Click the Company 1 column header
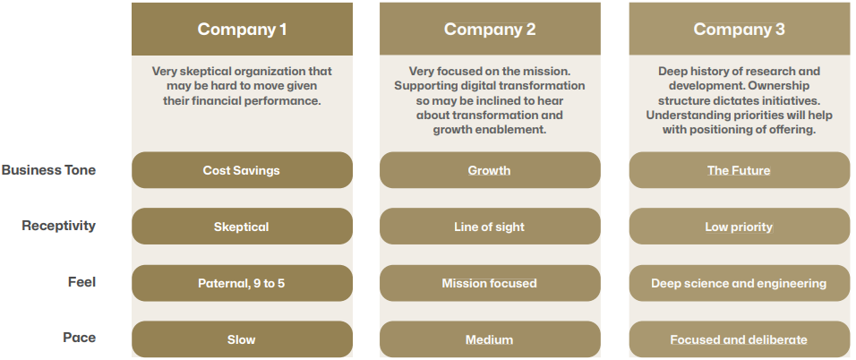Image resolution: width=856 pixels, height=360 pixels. (242, 29)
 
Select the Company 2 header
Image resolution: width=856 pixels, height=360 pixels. (490, 29)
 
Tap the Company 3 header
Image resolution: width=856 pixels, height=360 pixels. (740, 29)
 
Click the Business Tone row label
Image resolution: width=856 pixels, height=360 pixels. (48, 170)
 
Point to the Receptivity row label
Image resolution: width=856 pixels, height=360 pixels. (58, 226)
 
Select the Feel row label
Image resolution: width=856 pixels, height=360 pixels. (81, 282)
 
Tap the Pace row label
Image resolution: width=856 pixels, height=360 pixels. (79, 338)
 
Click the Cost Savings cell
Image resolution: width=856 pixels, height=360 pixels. (242, 170)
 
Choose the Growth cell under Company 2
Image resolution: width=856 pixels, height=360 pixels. (490, 170)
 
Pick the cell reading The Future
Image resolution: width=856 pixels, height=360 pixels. (740, 170)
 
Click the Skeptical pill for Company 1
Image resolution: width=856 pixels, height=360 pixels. (242, 227)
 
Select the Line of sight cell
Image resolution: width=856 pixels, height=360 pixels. (490, 227)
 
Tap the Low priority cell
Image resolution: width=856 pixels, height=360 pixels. (740, 227)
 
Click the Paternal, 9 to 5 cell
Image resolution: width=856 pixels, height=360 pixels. (242, 283)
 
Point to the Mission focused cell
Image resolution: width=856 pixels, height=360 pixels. (490, 283)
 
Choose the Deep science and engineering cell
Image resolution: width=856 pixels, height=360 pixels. (740, 283)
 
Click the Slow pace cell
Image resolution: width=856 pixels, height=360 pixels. (242, 339)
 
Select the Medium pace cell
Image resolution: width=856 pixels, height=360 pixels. (490, 339)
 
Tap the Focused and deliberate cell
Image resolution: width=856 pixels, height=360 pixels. (740, 339)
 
